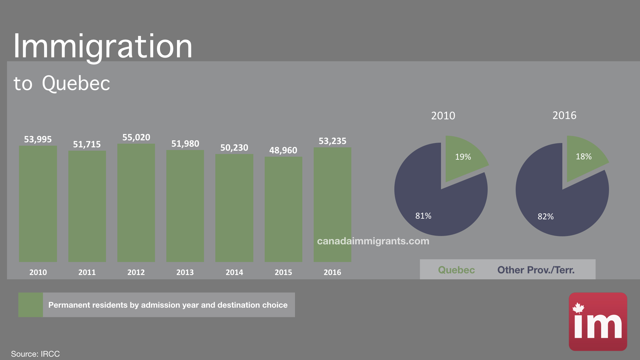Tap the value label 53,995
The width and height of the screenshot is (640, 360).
(38, 139)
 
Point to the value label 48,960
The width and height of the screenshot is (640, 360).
(283, 150)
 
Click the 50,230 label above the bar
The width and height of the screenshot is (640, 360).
(234, 148)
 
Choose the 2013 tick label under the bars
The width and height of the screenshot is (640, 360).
(185, 272)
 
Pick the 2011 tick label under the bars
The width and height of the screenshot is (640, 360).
(87, 272)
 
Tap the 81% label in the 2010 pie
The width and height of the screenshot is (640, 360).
(423, 216)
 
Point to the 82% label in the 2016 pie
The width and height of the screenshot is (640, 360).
(546, 217)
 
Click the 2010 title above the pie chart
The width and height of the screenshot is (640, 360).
(443, 116)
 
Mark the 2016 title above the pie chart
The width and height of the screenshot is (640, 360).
(564, 115)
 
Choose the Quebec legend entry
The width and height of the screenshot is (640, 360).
(456, 270)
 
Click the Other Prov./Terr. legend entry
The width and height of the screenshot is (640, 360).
(536, 270)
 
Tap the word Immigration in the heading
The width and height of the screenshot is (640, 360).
(103, 47)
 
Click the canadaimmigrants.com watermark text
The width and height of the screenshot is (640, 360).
(373, 241)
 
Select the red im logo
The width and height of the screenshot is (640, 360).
(598, 321)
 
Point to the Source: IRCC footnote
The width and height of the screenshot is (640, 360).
(35, 354)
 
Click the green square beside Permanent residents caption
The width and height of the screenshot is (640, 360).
(31, 305)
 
